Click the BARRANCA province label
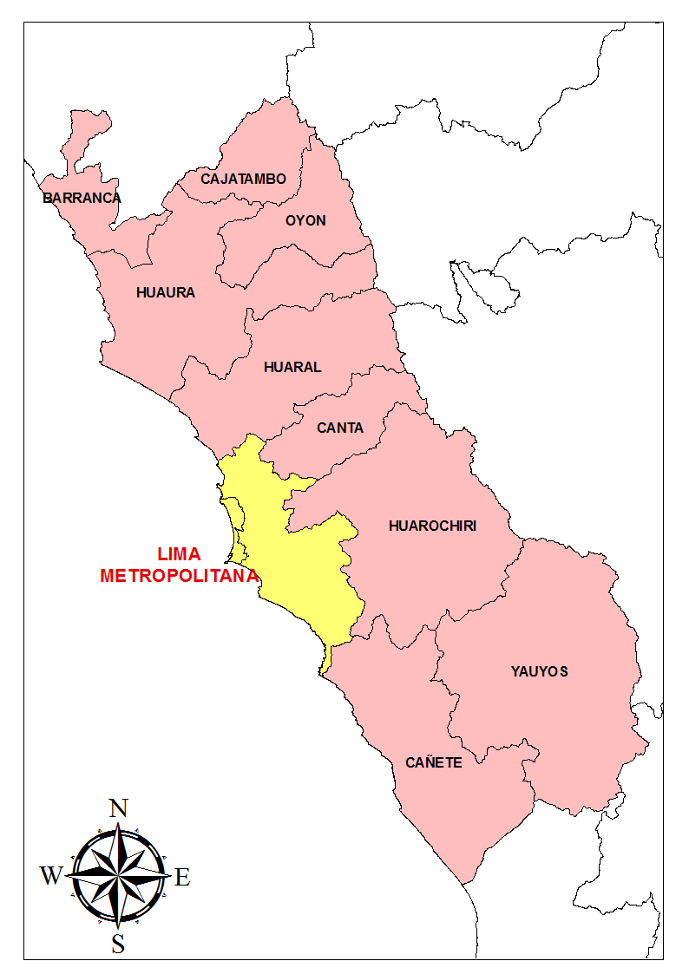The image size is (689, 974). click(x=82, y=198)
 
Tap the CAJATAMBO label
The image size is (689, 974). click(x=243, y=179)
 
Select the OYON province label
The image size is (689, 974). click(x=305, y=220)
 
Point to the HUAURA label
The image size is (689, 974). click(x=166, y=292)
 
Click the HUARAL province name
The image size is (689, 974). click(x=292, y=367)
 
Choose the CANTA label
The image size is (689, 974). click(x=340, y=428)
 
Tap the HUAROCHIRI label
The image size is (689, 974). click(x=432, y=526)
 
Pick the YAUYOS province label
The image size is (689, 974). click(x=539, y=670)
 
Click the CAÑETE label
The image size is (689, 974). click(x=433, y=763)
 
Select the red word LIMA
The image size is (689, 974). click(x=179, y=554)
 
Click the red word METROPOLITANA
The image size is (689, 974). click(x=179, y=575)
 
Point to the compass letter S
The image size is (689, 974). click(x=118, y=944)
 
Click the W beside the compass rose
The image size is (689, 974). click(x=51, y=876)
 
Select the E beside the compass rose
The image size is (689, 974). click(x=182, y=877)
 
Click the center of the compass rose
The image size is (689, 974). click(x=118, y=874)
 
